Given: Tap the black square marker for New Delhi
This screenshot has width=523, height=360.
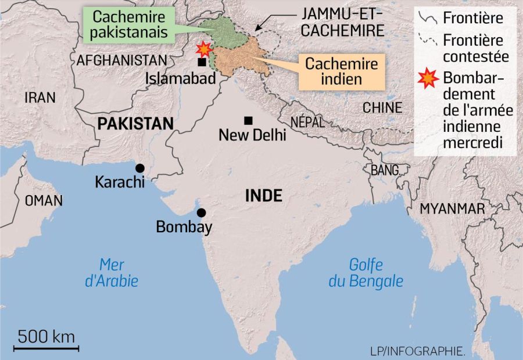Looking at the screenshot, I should point(248,120).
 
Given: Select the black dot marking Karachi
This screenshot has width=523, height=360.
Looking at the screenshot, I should point(140,167).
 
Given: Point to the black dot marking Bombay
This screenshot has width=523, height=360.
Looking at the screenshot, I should point(201,213).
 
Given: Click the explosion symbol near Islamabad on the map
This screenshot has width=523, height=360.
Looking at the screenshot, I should point(204,49).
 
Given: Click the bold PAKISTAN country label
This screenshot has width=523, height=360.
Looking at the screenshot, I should point(135,123).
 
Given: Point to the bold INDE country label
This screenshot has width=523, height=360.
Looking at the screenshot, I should point(263,196).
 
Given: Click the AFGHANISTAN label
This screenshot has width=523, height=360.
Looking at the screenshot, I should point(121,60).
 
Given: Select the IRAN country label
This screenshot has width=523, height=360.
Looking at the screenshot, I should point(40,98).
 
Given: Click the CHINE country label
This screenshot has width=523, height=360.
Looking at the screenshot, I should point(382,107).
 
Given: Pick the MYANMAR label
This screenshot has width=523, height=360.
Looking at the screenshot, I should point(452,208).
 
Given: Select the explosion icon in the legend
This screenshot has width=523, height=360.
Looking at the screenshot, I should point(428,78).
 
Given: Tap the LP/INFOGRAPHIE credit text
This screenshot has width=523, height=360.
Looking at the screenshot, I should point(417,351).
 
